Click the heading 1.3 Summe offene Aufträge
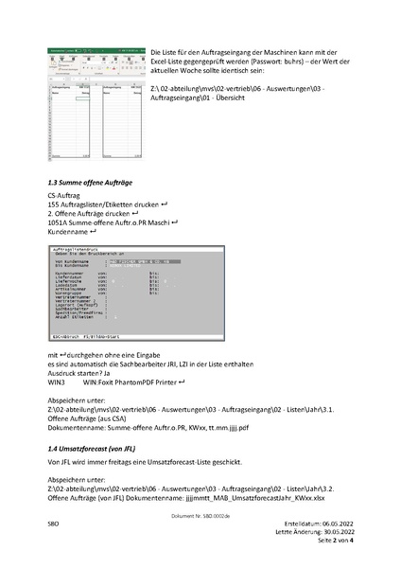pyautogui.click(x=91, y=180)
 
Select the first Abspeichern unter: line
pyautogui.click(x=77, y=399)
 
